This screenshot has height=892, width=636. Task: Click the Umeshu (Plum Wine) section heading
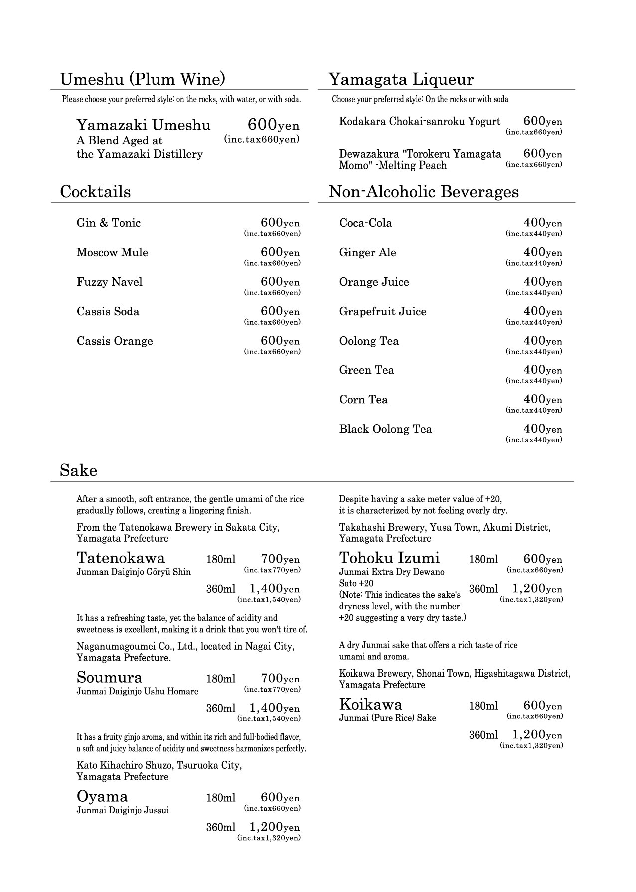pos(143,79)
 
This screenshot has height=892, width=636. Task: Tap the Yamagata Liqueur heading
pos(401,79)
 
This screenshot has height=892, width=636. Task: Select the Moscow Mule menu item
pos(112,253)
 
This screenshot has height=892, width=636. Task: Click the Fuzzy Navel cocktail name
pos(109,282)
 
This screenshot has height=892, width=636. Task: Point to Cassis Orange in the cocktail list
pos(115,341)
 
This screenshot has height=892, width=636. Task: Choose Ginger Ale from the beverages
pos(367,253)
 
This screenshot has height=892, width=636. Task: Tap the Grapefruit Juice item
pos(382,312)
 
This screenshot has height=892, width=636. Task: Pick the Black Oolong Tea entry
pos(385,429)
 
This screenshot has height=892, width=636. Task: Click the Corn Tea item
pos(363,400)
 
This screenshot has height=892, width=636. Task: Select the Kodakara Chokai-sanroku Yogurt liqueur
pos(420,122)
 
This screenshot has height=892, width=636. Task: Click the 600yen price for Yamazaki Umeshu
pos(273,125)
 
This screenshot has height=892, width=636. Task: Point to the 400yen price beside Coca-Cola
pos(542,223)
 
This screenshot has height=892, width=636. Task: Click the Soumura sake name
pos(109,677)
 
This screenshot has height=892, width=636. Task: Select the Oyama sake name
pos(102,796)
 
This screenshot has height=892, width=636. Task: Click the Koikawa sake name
pos(370,704)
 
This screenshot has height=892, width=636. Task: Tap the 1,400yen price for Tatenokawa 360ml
pos(274,589)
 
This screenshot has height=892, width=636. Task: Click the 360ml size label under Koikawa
pos(483,735)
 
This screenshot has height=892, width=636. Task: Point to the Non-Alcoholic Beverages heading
pos(424,192)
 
